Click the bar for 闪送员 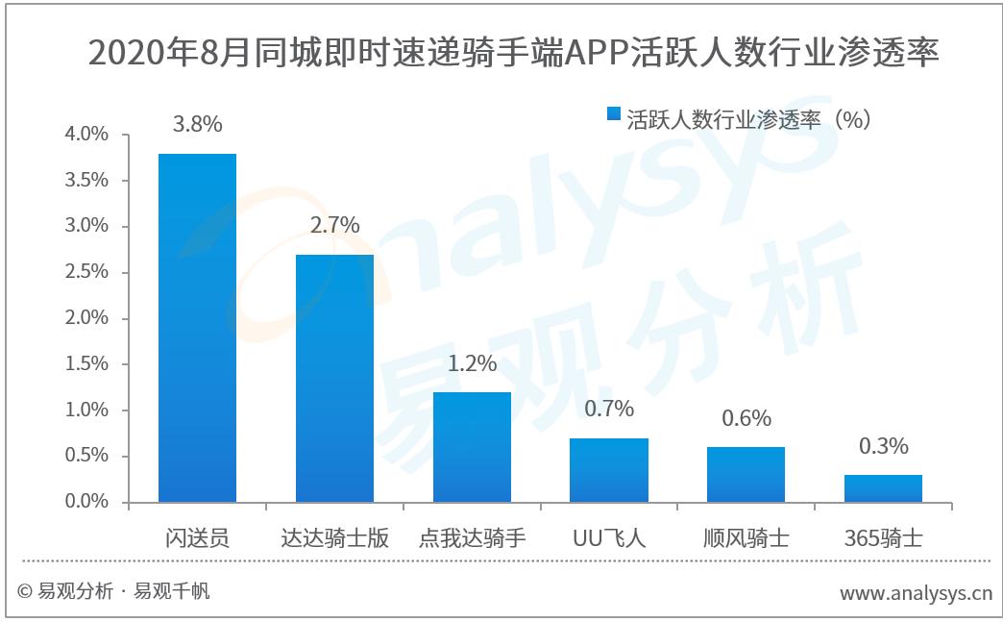197,328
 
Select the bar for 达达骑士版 334,378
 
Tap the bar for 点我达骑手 472,447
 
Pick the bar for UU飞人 609,470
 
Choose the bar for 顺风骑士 746,475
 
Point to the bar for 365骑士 883,488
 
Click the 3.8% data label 197,124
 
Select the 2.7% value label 334,225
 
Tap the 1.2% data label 472,363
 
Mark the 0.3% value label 883,446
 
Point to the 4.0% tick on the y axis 86,135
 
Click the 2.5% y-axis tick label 86,272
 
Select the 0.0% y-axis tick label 86,502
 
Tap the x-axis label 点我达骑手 472,537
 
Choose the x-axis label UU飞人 609,537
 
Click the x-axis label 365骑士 883,537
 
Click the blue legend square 614,115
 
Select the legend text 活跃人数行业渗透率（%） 749,117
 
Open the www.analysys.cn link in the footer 916,593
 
